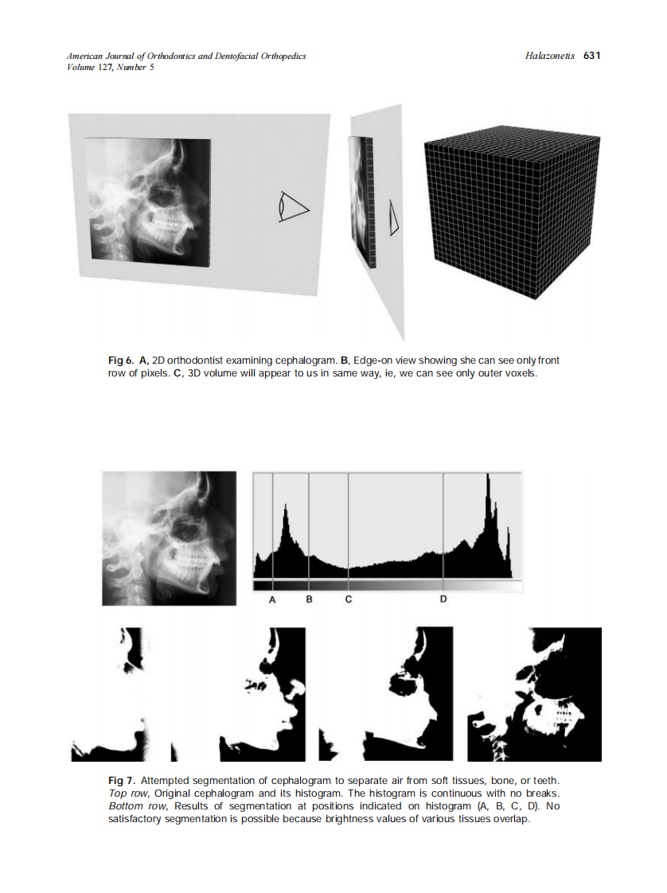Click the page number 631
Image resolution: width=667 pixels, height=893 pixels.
point(591,56)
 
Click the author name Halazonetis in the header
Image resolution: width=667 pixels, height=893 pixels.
point(550,56)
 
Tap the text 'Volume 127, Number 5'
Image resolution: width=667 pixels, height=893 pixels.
point(111,67)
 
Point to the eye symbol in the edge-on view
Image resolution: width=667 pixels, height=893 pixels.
point(392,217)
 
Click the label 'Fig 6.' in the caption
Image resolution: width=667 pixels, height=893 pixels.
point(121,361)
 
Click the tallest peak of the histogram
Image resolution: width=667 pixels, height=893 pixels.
point(489,478)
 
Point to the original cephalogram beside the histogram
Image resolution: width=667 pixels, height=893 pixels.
point(170,538)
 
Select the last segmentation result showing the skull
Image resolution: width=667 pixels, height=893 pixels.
point(534,694)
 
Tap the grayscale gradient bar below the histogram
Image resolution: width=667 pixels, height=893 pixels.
point(387,585)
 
